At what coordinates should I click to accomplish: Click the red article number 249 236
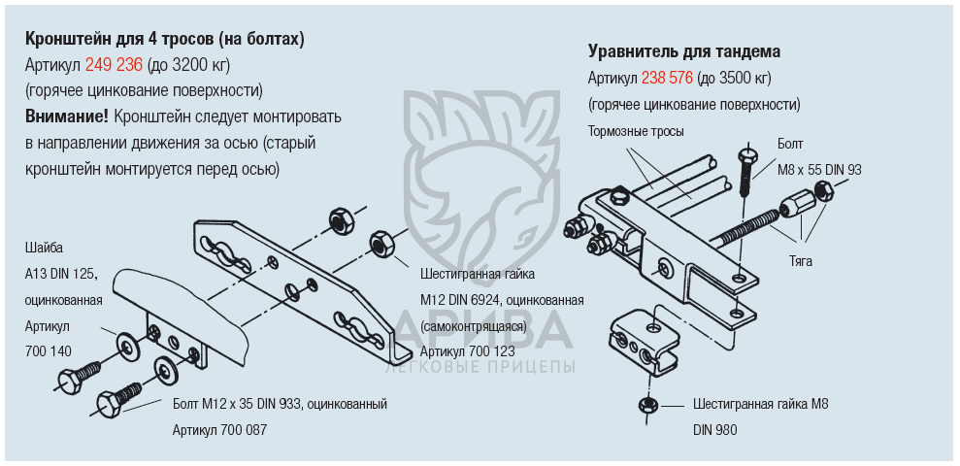point(114,65)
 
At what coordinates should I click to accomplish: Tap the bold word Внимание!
point(67,116)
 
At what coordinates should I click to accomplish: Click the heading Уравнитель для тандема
point(684,52)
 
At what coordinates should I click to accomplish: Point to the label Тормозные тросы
point(636,132)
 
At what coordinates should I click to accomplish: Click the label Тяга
point(800,261)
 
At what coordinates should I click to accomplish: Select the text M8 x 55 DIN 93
point(819,170)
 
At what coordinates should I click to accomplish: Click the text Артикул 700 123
point(467,351)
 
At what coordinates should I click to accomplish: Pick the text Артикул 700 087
point(219,430)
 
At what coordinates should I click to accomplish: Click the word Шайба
point(44,248)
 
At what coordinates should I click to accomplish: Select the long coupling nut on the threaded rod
point(794,205)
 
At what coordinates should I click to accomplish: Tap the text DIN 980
point(715,430)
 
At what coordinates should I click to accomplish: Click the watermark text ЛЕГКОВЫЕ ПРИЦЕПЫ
point(480,367)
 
